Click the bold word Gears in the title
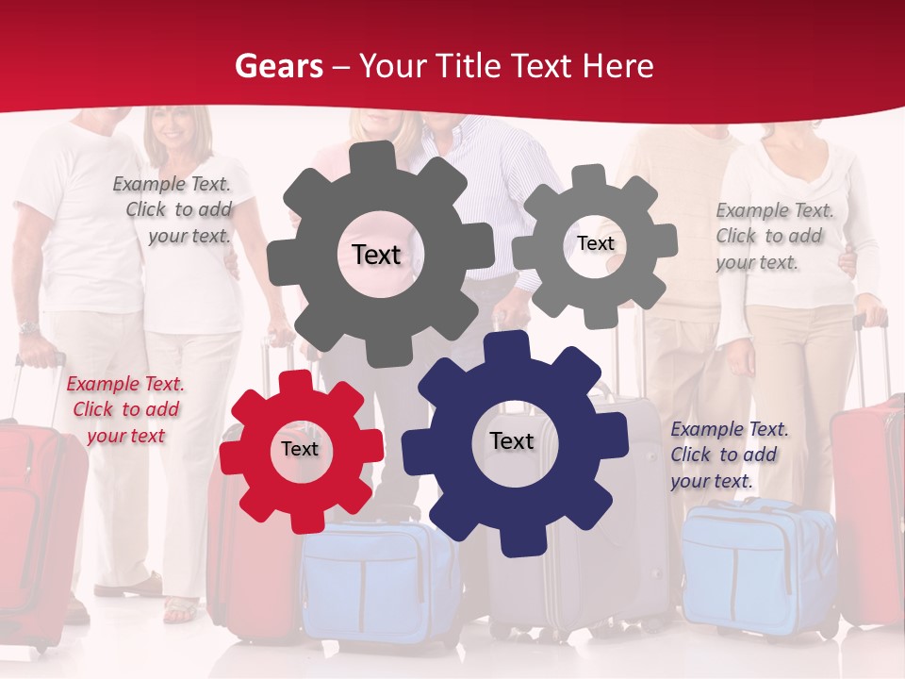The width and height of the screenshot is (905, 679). point(279,66)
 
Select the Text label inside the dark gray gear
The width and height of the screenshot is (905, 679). point(376,255)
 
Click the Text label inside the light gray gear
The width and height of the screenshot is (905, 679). point(595,243)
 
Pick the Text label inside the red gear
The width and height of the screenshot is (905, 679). point(300,449)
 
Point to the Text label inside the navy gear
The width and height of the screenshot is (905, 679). point(512,440)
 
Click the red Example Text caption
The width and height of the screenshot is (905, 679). point(125,409)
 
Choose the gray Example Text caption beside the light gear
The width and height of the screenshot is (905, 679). point(773,236)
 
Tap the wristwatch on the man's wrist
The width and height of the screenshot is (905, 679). point(28,327)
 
